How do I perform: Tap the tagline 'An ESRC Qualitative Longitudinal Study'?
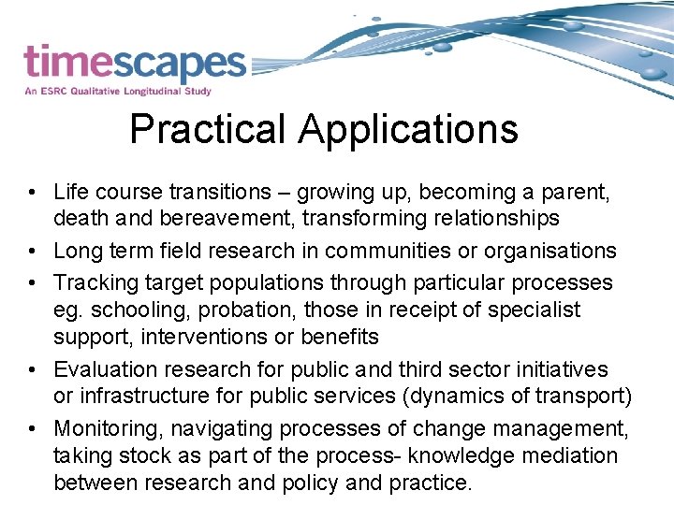pyautogui.click(x=118, y=92)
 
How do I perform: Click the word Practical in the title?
pyautogui.click(x=209, y=130)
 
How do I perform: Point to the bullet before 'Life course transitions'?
pyautogui.click(x=32, y=193)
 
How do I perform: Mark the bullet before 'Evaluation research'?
pyautogui.click(x=32, y=370)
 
